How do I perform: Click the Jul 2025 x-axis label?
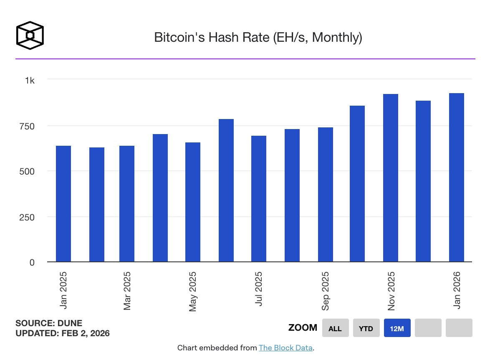[x=259, y=289]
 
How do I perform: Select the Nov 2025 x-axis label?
[x=391, y=291]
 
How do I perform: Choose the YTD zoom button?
[x=366, y=328]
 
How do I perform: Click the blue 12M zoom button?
[x=397, y=328]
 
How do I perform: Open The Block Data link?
[x=285, y=348]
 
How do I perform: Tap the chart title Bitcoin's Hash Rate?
[x=258, y=38]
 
